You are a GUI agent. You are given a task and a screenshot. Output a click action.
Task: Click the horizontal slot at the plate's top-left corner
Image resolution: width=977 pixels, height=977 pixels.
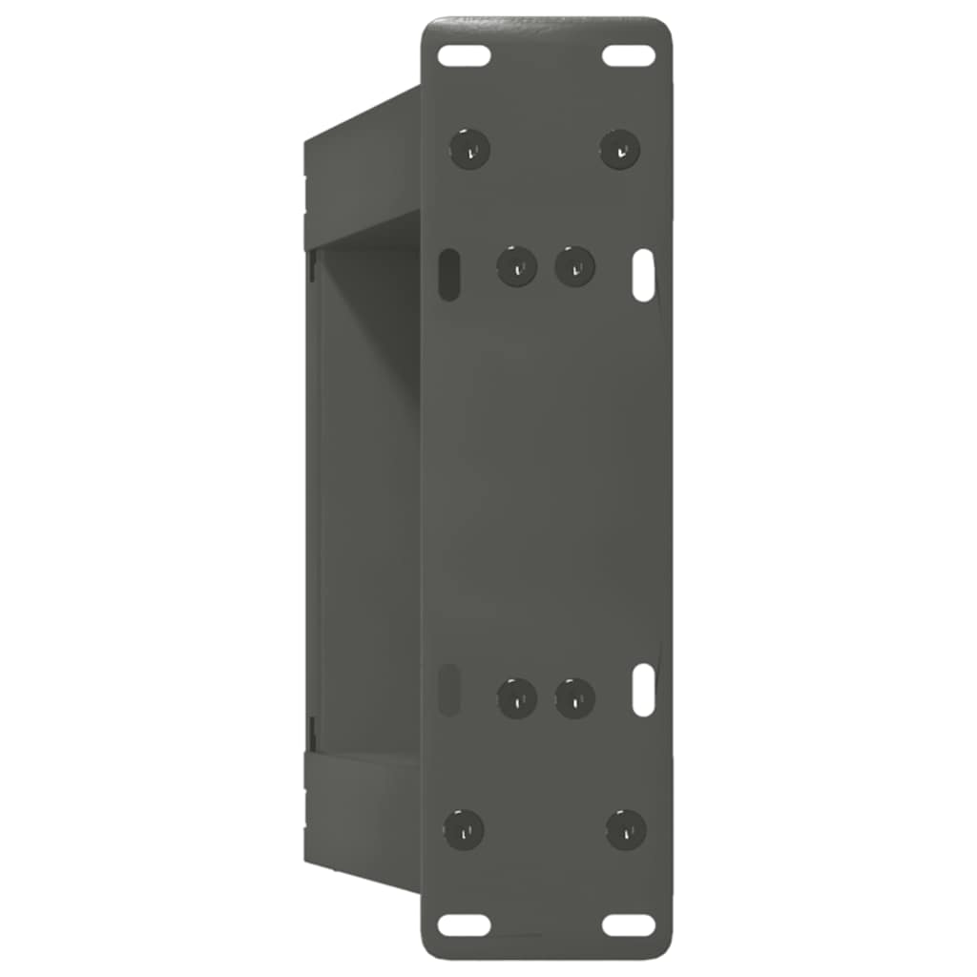coord(464,55)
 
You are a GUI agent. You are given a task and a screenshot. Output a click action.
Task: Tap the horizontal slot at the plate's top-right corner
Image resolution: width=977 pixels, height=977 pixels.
coord(629,55)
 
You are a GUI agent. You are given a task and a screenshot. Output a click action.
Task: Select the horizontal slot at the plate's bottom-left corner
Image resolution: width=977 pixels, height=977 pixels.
coord(464,925)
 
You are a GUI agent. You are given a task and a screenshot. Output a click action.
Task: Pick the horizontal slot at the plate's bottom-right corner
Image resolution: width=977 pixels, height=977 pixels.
coord(629,925)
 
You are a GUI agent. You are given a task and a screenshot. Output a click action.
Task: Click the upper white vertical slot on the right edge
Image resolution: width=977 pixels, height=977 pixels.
coord(644,275)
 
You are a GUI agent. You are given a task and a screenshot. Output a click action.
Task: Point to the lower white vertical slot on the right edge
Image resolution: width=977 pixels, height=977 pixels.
coord(644,690)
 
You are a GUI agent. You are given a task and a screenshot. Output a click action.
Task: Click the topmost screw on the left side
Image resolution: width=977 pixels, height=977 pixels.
coord(469,149)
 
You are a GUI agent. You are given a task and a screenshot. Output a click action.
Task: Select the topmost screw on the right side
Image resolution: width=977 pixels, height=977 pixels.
coord(620,149)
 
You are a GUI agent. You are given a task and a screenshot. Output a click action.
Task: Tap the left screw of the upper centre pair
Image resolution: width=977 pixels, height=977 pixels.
coord(517,265)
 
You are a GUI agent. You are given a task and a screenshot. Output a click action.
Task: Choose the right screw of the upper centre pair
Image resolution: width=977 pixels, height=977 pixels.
coord(575,265)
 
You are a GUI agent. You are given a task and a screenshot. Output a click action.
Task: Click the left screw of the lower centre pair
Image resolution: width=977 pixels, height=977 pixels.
coord(517,698)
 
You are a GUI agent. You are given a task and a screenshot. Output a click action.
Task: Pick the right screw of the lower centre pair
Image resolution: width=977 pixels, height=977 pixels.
coord(575,698)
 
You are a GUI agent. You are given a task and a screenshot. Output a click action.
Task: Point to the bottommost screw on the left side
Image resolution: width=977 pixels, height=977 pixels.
coord(465,829)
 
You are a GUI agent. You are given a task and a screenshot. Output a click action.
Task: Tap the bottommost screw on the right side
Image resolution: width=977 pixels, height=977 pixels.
coord(626,829)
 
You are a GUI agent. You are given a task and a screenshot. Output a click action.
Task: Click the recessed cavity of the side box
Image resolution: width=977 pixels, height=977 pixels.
coord(367,496)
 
